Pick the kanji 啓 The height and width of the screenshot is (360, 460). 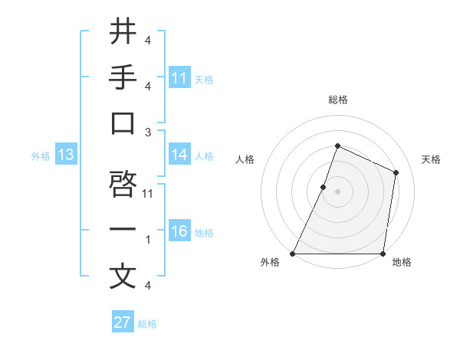(123, 185)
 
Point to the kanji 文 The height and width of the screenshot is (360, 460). (123, 277)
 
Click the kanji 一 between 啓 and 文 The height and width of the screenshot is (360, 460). (123, 231)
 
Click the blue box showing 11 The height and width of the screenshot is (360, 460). (179, 78)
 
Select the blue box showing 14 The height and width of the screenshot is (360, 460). (179, 155)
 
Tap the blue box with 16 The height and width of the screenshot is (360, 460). (179, 232)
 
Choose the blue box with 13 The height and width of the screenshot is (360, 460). (65, 155)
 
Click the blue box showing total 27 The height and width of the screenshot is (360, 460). (123, 322)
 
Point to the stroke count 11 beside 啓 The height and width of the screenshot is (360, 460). (149, 193)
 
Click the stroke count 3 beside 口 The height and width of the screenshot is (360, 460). (148, 132)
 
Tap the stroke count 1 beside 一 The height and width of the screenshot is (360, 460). (148, 240)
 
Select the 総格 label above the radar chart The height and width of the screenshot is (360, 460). (337, 100)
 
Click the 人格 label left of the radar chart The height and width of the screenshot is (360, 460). (245, 159)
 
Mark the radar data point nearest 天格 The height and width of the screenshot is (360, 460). (396, 172)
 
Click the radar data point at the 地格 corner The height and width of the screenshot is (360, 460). (383, 254)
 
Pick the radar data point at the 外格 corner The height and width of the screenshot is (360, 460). (293, 254)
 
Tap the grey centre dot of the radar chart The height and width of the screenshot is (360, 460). (337, 191)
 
